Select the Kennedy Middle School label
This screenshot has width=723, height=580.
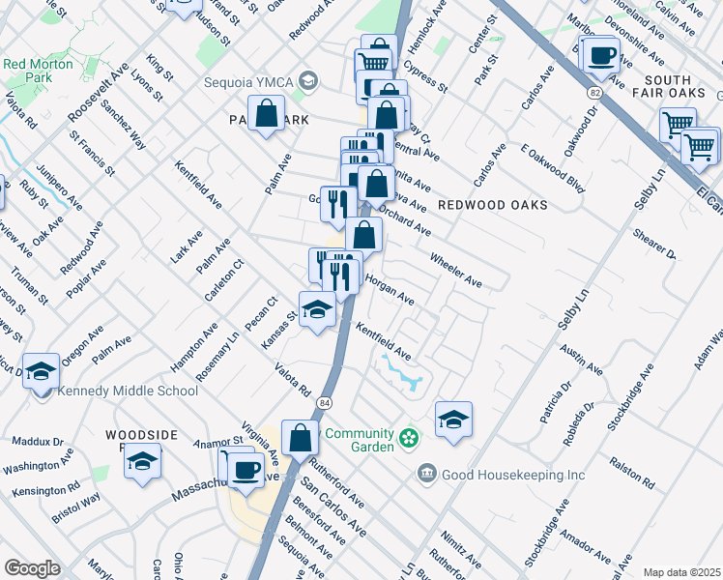point(128,391)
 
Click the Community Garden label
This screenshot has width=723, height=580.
point(360,440)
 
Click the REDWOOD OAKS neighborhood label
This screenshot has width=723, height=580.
point(492,205)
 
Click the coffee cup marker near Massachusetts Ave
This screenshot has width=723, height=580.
point(246,469)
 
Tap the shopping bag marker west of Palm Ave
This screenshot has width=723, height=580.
point(266,114)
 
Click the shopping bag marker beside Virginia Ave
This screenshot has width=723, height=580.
point(300,436)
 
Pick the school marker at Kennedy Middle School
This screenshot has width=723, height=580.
point(42,370)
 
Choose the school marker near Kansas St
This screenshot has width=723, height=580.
point(316,309)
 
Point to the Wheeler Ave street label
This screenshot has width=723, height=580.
point(456,270)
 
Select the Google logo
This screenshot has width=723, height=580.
point(32,568)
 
